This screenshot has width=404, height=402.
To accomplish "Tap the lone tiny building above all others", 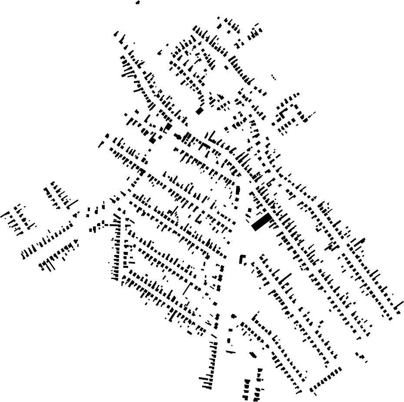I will [138, 3].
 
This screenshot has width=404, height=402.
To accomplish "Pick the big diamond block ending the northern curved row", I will [199, 111].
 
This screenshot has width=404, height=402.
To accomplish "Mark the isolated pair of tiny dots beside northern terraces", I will [273, 77].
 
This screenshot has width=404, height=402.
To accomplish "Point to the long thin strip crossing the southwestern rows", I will [187, 288].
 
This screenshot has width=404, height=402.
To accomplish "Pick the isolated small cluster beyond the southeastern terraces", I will [361, 357].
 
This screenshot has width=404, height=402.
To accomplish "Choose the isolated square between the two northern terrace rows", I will [226, 67].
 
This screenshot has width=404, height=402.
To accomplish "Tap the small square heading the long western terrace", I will [107, 136].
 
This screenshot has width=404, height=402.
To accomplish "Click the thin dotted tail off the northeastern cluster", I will [311, 115].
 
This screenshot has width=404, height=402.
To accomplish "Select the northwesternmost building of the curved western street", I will [116, 33].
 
